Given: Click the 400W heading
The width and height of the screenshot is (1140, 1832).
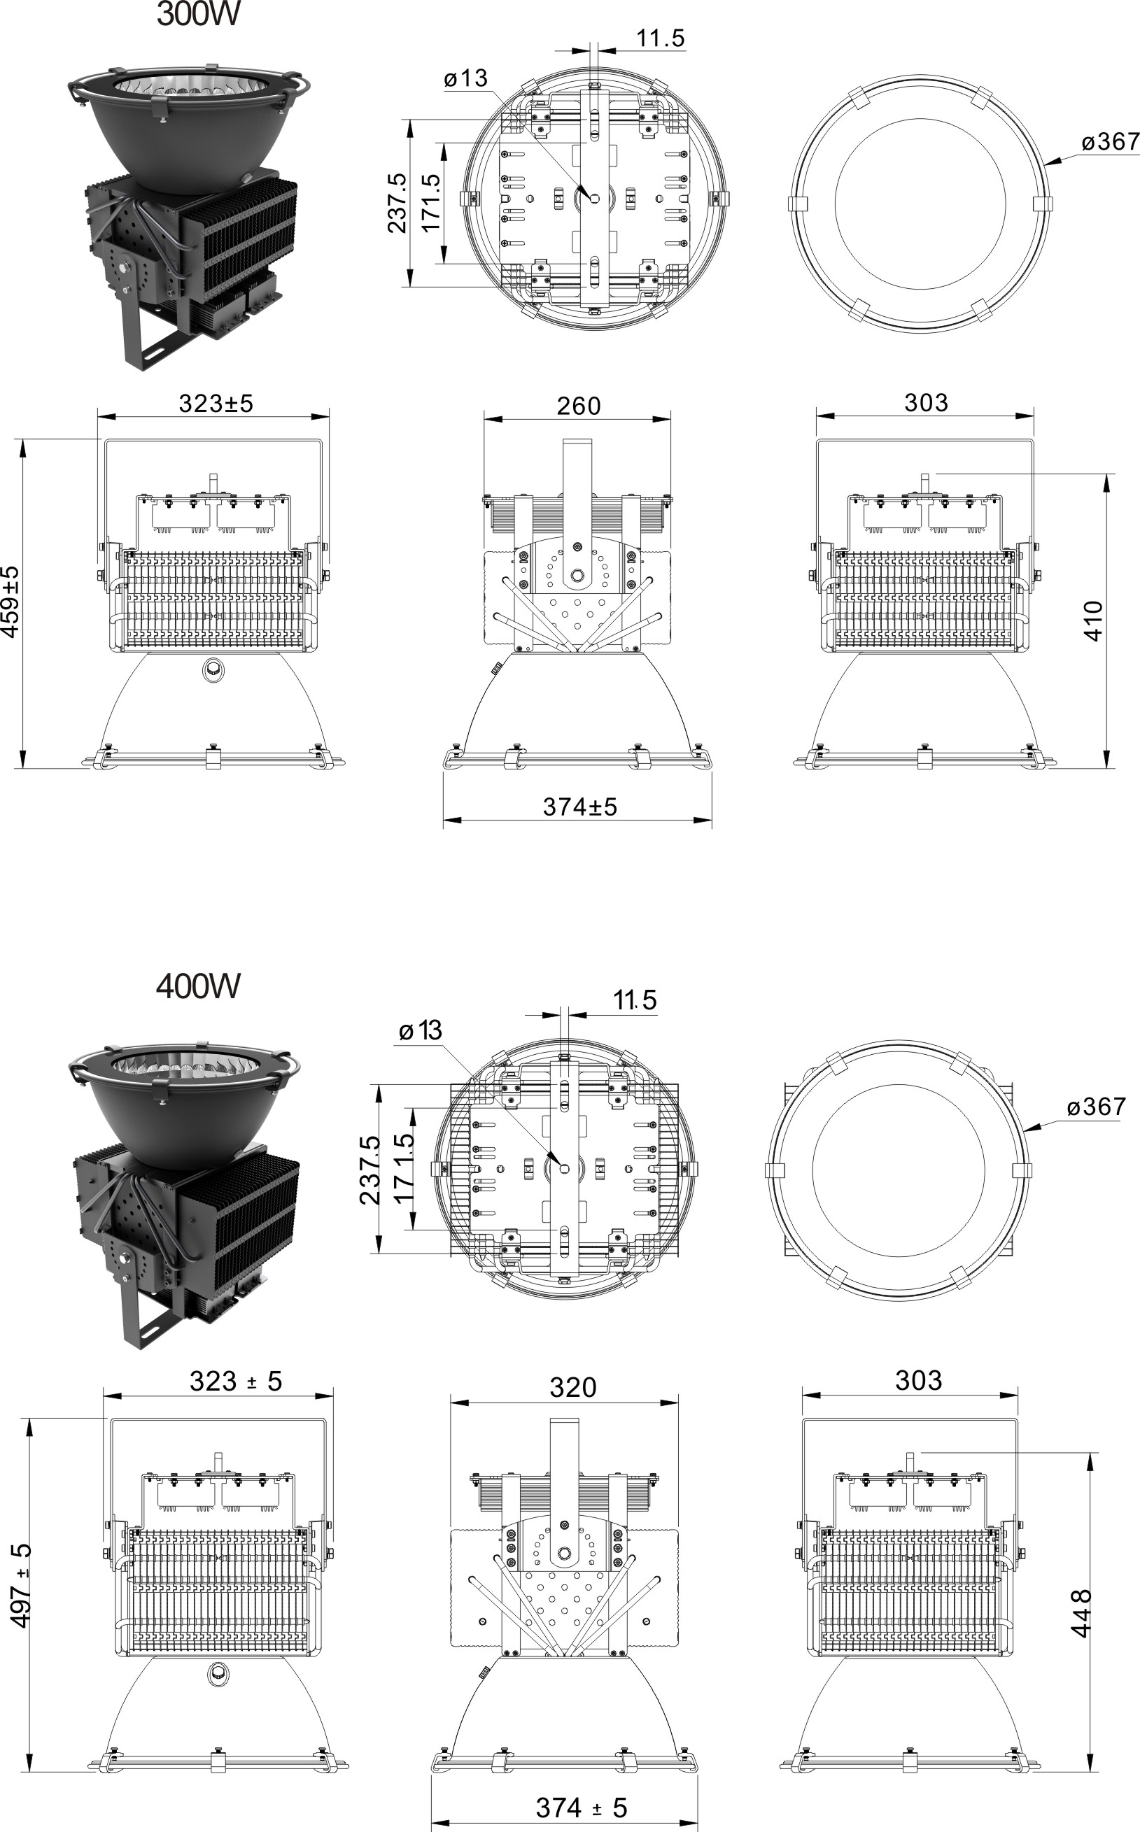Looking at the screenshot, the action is (x=197, y=986).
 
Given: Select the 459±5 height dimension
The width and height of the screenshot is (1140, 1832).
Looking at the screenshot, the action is (x=10, y=602).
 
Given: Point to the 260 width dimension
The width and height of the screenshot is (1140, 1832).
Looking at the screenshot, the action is (x=578, y=406).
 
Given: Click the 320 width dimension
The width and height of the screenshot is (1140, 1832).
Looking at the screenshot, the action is (x=573, y=1387).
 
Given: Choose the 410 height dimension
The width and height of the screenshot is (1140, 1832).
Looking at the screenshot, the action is (x=1093, y=621).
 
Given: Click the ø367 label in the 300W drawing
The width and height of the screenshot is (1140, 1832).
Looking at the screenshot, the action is (x=1110, y=142).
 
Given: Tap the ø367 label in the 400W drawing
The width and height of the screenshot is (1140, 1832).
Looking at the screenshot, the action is (x=1097, y=1107).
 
